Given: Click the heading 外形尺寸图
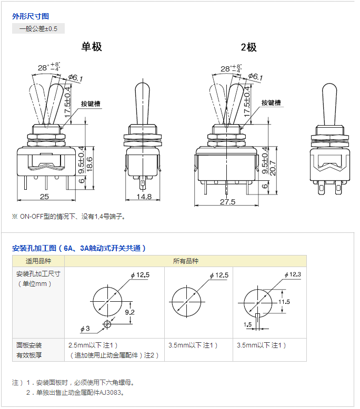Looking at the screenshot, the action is tap(31, 16).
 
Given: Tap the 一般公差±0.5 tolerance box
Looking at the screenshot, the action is tap(38, 29).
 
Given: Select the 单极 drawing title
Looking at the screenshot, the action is tap(92, 47).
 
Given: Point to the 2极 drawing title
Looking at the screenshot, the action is tap(248, 47).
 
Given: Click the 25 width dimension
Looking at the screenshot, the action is tap(44, 197).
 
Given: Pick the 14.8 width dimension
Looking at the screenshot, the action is tap(144, 197).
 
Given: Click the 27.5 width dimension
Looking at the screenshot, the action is tap(227, 202).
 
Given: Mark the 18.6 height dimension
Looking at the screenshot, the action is tap(89, 164).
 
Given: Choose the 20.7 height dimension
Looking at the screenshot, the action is tap(273, 168).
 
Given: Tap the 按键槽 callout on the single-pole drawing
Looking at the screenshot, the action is tap(91, 104).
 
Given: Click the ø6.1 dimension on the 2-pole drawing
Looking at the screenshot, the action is tap(256, 77).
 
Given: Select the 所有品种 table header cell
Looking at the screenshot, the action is tap(186, 261).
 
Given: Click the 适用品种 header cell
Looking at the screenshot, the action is tap(38, 261).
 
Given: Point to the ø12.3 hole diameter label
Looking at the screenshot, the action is tap(293, 274).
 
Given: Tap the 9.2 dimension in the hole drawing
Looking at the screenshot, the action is tap(129, 312).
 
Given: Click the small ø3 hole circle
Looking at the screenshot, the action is tap(107, 324).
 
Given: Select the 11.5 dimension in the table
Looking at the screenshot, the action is tap(284, 302).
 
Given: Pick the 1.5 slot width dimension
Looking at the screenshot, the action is tap(247, 324).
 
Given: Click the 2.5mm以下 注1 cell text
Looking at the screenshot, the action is tap(93, 345).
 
